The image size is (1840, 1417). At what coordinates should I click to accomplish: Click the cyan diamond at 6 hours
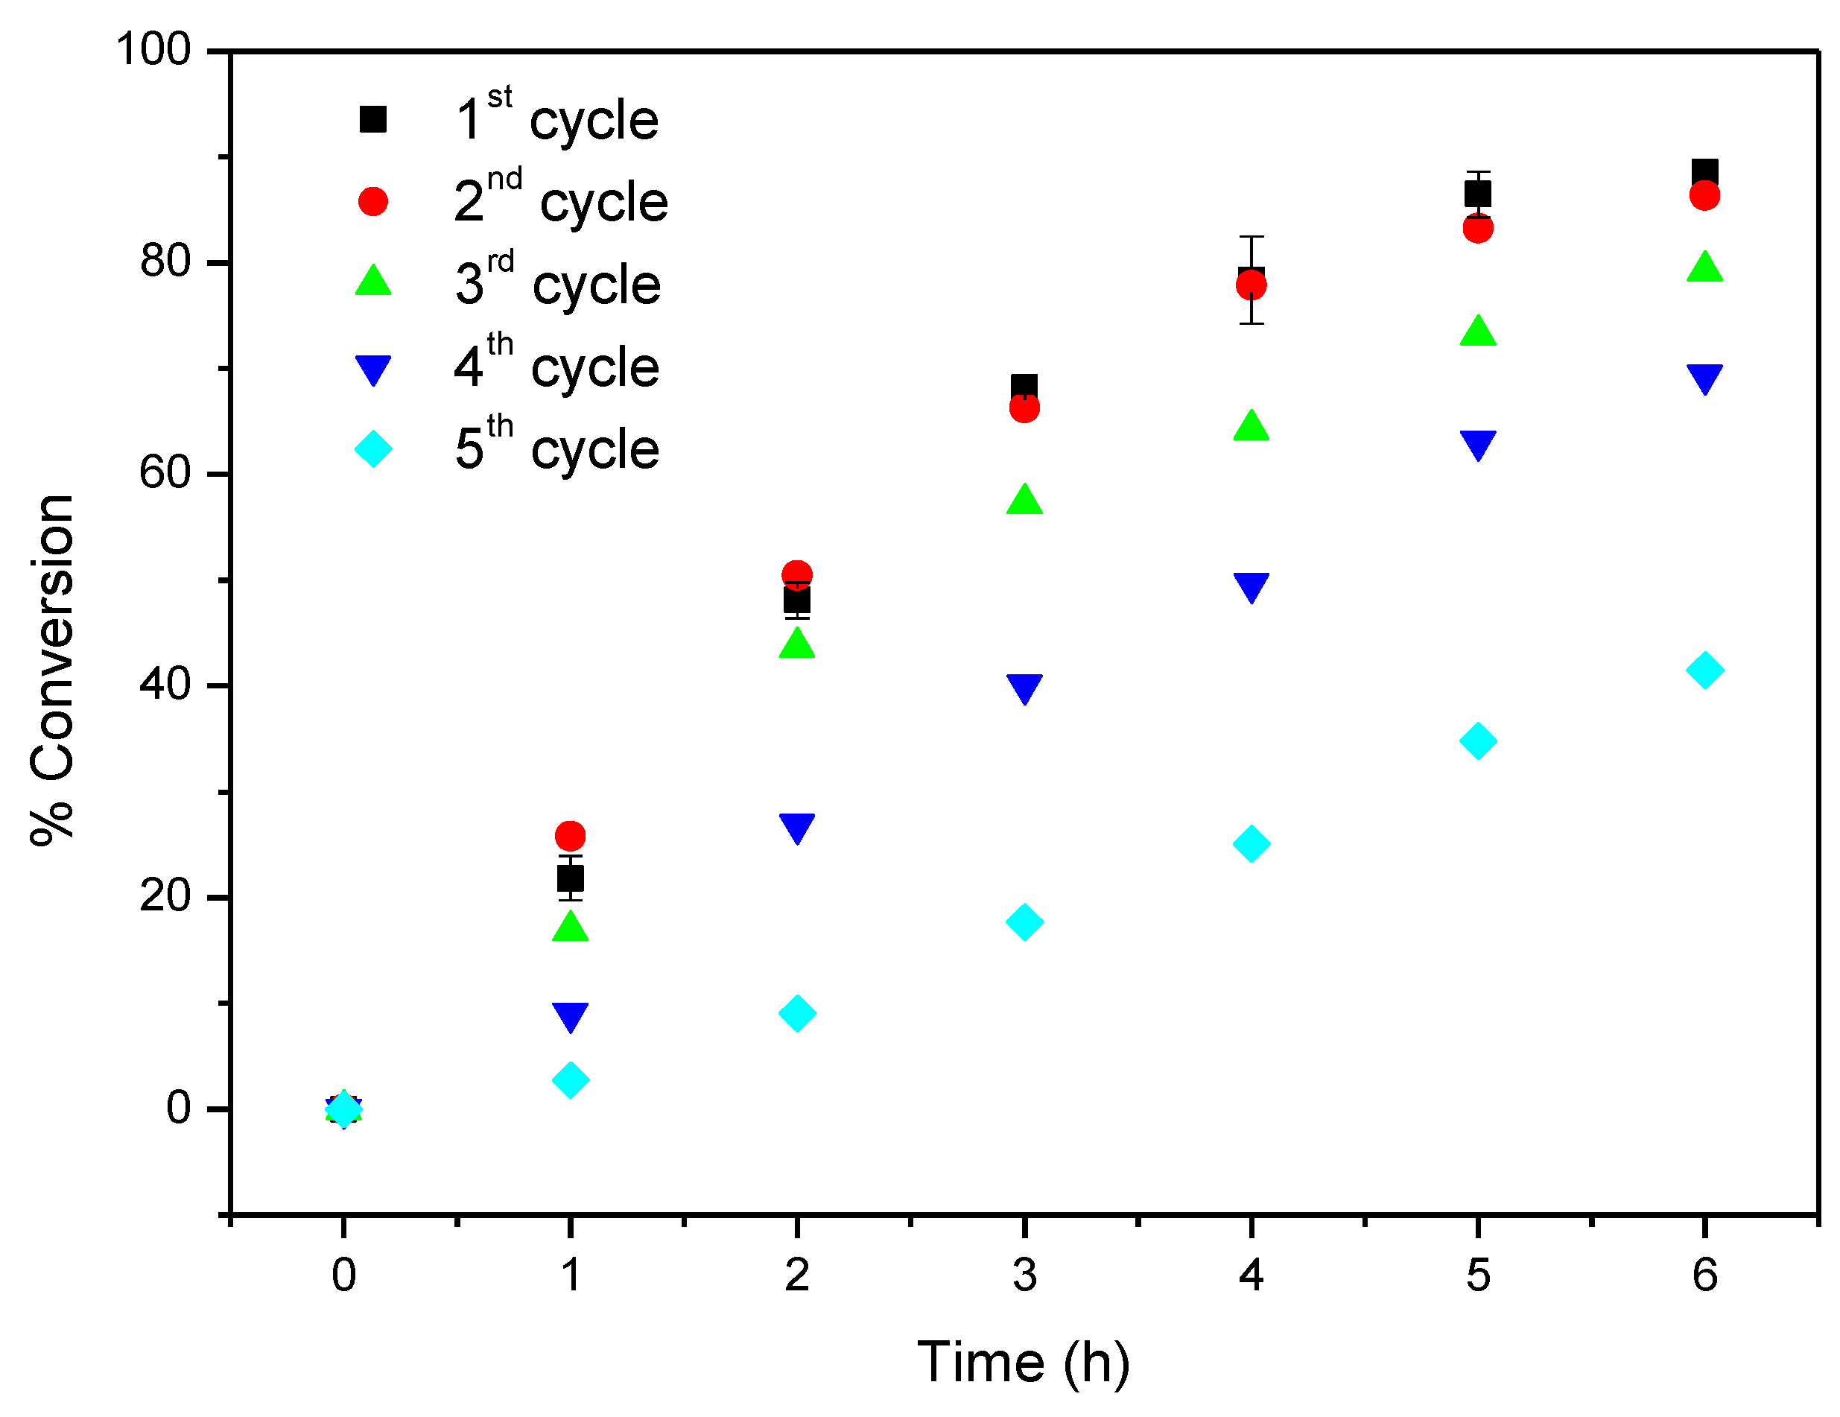point(1704,671)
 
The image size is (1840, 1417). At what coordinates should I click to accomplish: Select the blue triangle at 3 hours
point(1024,688)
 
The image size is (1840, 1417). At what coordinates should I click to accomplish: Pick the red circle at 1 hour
point(571,836)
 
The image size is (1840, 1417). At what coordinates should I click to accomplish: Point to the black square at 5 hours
point(1478,194)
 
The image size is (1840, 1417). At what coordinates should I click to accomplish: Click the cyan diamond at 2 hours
point(797,1012)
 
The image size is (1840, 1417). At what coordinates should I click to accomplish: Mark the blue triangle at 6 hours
point(1704,378)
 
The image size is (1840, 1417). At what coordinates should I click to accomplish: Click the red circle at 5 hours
point(1478,228)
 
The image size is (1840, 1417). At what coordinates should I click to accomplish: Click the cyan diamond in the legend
point(373,448)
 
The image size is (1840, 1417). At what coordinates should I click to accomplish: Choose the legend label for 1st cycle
point(556,118)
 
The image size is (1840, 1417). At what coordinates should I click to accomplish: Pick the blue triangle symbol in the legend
point(373,369)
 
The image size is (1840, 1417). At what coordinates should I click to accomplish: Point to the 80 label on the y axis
point(166,261)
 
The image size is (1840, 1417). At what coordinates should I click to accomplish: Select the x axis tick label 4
point(1251,1275)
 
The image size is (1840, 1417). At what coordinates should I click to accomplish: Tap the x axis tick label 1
point(571,1275)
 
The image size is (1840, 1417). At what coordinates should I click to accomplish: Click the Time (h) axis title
point(1023,1362)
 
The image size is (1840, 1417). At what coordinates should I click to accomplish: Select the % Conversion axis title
point(52,669)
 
